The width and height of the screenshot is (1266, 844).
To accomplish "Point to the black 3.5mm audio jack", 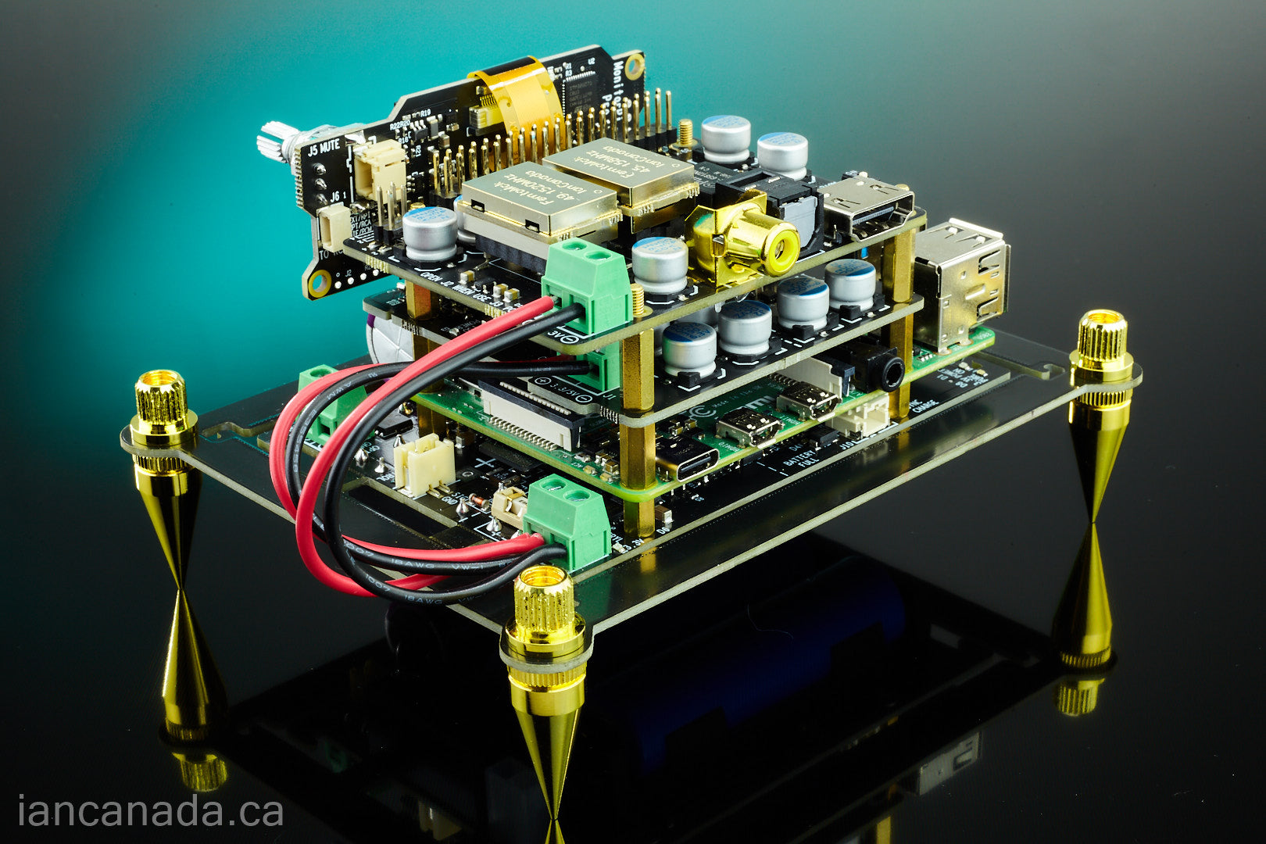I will click(887, 374).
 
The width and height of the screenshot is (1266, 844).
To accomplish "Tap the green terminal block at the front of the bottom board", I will click(568, 521).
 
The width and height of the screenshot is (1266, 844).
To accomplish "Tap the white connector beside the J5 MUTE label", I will click(380, 169).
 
